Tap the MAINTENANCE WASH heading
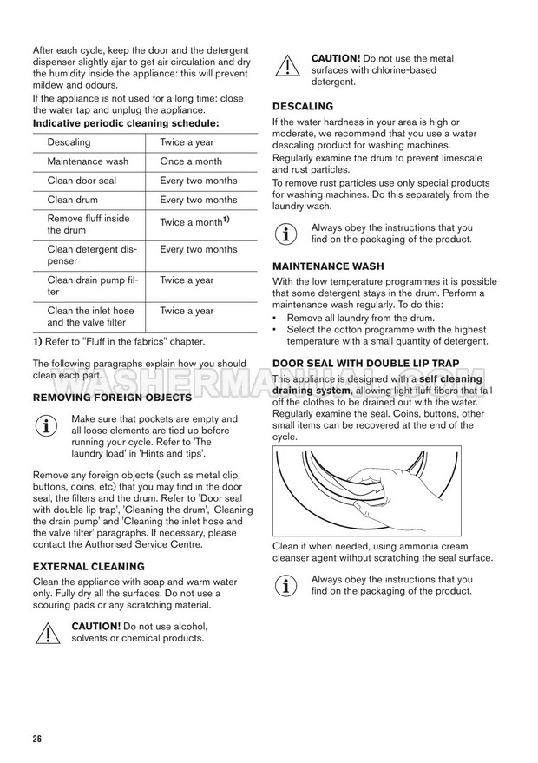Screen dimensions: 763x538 point(328,266)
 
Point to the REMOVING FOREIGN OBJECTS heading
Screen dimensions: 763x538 point(112,397)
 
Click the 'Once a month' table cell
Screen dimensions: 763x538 point(191,161)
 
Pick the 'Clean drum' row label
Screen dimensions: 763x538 point(74,200)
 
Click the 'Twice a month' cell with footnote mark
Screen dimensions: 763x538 point(194,222)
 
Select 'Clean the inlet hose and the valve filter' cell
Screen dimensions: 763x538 point(90,317)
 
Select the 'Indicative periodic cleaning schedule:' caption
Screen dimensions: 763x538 point(126,124)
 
